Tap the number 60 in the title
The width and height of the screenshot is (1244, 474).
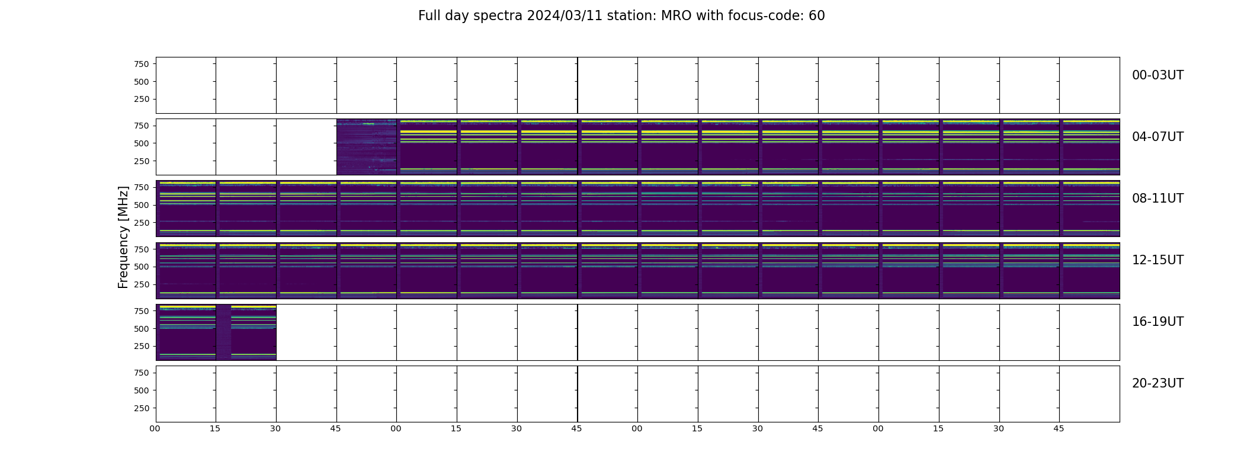tap(817, 16)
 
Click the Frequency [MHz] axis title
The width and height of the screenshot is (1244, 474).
tap(123, 237)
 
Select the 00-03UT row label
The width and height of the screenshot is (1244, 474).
tap(1158, 75)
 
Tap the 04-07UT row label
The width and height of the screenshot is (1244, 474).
tap(1158, 137)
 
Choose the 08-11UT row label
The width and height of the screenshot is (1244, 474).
tap(1158, 198)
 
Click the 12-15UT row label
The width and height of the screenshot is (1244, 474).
tap(1158, 260)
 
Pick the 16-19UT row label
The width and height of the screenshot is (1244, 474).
tap(1158, 322)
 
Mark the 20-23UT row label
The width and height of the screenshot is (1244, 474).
tap(1158, 383)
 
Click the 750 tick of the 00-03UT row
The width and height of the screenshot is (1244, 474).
tap(142, 64)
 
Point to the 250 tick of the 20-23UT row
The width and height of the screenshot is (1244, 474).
tap(142, 408)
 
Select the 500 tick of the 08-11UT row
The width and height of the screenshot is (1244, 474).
tap(142, 205)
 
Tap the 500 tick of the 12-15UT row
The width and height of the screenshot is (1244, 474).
tap(142, 267)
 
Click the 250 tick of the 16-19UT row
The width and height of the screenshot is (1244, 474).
tap(142, 347)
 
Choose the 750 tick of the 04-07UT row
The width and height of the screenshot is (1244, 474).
tap(142, 126)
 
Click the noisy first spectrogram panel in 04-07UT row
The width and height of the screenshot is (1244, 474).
tap(367, 147)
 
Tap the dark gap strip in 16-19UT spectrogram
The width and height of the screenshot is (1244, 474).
tap(223, 332)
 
